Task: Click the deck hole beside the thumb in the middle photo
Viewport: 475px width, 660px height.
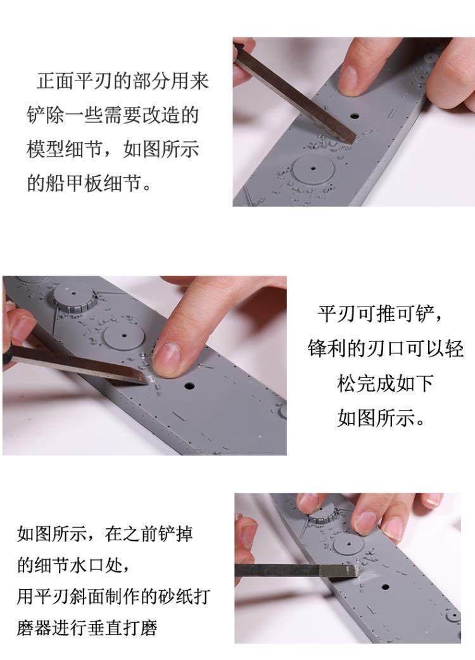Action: (189, 384)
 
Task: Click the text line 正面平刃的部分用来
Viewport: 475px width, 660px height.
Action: (123, 82)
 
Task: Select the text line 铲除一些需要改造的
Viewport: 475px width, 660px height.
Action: (113, 115)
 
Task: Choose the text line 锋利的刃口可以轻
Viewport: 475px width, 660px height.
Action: (386, 349)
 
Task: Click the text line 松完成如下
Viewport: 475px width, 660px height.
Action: (385, 383)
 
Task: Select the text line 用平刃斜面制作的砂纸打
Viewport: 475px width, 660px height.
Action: (113, 596)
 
